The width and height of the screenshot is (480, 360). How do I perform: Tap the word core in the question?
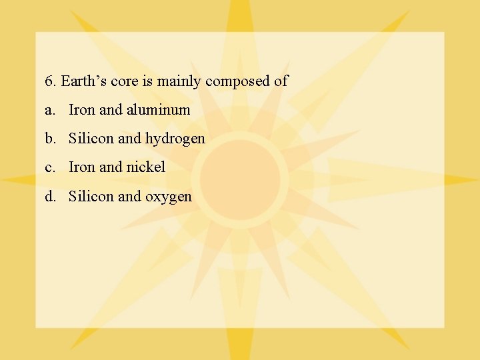123,81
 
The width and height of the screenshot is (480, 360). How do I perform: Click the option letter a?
49,110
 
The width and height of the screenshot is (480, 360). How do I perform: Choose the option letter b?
50,139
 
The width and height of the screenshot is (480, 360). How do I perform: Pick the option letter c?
49,167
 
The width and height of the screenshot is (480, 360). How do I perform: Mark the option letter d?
50,196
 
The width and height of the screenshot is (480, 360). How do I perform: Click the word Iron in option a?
82,110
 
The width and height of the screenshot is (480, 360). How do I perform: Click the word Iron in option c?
82,167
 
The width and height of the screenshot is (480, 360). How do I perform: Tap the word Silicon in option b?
91,139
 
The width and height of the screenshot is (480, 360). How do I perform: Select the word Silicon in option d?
91,196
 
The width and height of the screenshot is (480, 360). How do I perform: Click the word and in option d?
129,196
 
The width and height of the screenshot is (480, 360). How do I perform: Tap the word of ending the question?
281,81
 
